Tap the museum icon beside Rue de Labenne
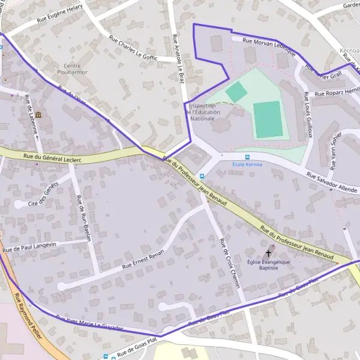pyautogui.click(x=38, y=115)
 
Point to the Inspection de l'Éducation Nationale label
pyautogui.click(x=202, y=112)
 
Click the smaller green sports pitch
pyautogui.click(x=236, y=92)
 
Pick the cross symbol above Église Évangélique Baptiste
pyautogui.click(x=268, y=254)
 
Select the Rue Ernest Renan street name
pyautogui.click(x=143, y=258)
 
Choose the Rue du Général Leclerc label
pyautogui.click(x=52, y=158)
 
